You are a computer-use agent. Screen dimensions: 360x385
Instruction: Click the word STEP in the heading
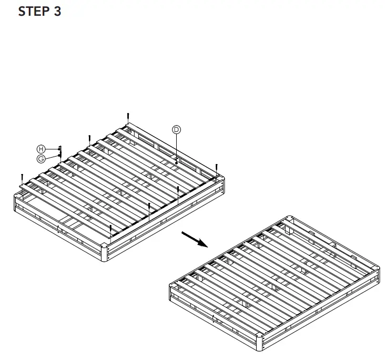(x=34, y=12)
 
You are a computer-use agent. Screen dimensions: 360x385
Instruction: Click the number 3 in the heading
(x=57, y=12)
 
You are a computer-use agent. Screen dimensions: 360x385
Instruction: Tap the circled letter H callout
(x=41, y=149)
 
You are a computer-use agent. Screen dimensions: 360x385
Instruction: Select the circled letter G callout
(x=41, y=159)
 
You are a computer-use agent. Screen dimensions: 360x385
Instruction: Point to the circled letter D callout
(x=177, y=129)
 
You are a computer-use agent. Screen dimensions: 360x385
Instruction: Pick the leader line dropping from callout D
(x=177, y=147)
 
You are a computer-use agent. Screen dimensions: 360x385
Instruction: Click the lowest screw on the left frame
(x=110, y=229)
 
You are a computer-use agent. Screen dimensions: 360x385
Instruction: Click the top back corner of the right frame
(x=291, y=217)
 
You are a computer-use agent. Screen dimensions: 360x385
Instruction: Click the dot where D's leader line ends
(x=177, y=162)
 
